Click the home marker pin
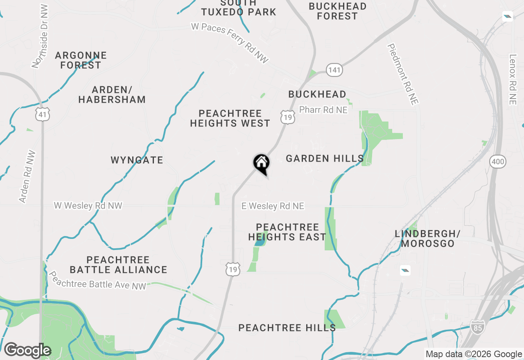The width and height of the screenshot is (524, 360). click(x=261, y=163)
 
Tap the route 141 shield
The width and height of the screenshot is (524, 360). click(x=334, y=70)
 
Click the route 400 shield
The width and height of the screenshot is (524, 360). click(x=498, y=162)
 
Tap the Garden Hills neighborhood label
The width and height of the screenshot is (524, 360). click(x=325, y=158)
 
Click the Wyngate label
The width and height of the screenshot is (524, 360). click(x=137, y=160)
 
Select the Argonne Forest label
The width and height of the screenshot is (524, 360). click(x=81, y=60)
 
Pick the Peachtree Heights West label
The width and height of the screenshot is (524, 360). click(x=230, y=118)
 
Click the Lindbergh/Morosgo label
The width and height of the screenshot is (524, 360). click(x=428, y=239)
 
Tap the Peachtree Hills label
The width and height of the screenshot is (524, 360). click(x=287, y=328)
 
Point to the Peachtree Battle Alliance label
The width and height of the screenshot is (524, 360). click(x=118, y=265)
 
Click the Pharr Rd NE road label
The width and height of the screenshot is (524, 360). click(x=323, y=110)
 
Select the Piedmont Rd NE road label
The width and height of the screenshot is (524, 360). click(x=402, y=74)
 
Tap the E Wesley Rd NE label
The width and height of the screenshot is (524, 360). click(x=273, y=206)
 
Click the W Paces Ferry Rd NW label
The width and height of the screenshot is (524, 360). click(x=230, y=43)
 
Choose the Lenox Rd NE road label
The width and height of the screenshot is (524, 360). click(x=513, y=79)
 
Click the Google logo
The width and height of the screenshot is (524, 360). click(x=27, y=350)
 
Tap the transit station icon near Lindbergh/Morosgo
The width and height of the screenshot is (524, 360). click(x=405, y=270)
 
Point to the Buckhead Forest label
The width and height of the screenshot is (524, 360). click(x=337, y=11)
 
